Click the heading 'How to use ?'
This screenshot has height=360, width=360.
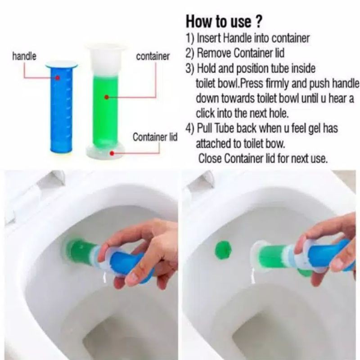click(224, 22)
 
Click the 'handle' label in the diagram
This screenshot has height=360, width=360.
click(24, 56)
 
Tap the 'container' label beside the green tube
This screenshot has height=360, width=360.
click(153, 56)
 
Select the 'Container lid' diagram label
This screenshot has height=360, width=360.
click(155, 137)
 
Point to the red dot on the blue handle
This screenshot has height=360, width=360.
click(58, 77)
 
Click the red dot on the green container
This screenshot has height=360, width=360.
click(107, 97)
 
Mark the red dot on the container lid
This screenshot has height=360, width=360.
click(112, 153)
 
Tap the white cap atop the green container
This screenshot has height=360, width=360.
click(106, 58)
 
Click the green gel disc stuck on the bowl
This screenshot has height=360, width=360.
click(223, 250)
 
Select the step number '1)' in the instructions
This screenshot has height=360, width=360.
click(190, 38)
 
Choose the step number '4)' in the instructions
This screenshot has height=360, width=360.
click(190, 129)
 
